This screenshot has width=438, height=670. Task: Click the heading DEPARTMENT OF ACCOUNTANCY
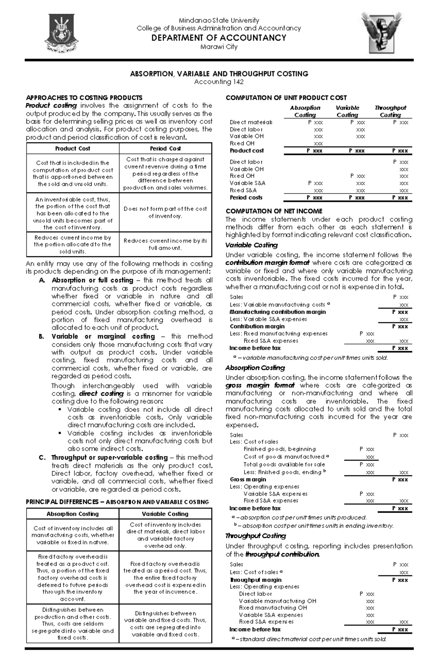[219, 38]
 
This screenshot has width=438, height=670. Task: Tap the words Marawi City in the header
[219, 47]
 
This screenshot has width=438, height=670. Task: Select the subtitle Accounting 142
[219, 82]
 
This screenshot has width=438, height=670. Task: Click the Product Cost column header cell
[73, 149]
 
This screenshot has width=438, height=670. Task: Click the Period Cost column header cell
[165, 149]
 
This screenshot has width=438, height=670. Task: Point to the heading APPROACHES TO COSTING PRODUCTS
[84, 97]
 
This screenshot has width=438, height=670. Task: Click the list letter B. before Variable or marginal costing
[41, 336]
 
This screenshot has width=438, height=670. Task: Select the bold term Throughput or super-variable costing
[109, 457]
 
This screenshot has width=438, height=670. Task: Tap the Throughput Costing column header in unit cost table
[390, 111]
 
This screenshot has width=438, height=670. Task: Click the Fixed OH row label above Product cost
[242, 143]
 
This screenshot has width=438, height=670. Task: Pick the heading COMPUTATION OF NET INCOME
[274, 211]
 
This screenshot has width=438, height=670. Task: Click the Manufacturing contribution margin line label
[277, 312]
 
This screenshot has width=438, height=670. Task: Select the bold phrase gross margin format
[260, 386]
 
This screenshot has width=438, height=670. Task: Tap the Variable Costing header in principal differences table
[165, 514]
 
